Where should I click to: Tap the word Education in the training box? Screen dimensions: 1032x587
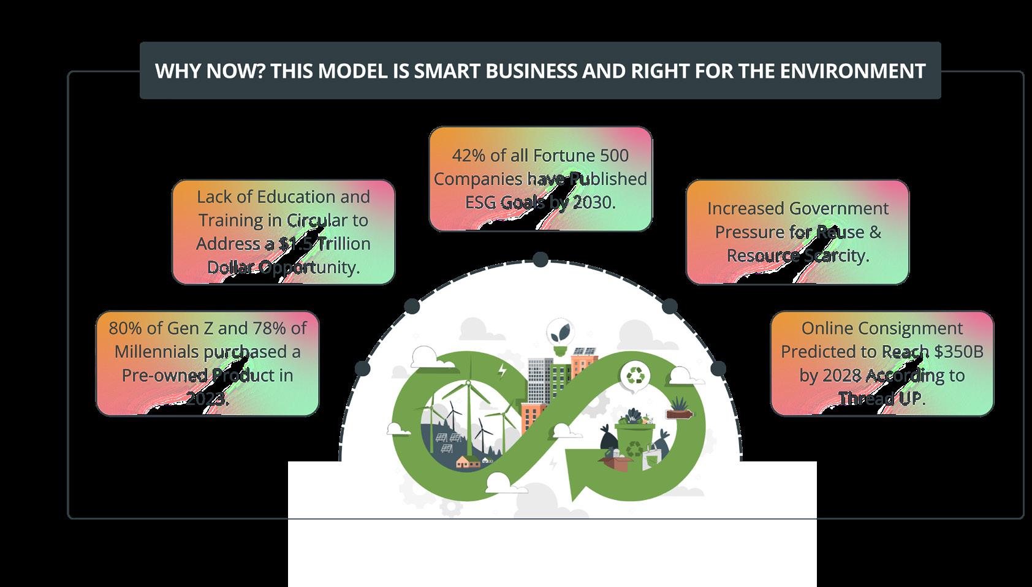(x=296, y=197)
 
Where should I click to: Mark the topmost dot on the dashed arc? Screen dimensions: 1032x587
(x=540, y=260)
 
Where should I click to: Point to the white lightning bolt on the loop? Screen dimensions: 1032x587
(x=503, y=371)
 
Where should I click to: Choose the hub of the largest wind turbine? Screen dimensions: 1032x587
(x=468, y=384)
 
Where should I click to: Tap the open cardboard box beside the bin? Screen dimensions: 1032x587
(x=616, y=460)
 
